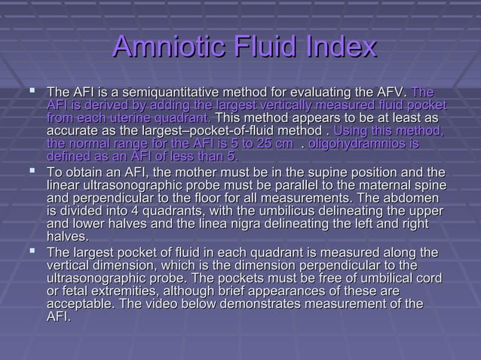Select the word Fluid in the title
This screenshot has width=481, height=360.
[261, 48]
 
